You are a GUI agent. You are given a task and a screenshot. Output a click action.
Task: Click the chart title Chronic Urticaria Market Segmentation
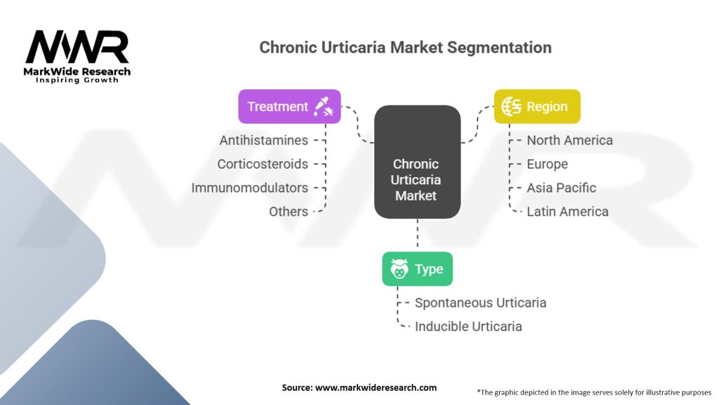pyautogui.click(x=405, y=48)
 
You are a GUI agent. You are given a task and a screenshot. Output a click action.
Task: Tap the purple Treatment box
pyautogui.click(x=289, y=107)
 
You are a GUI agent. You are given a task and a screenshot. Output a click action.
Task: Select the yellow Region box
pyautogui.click(x=537, y=107)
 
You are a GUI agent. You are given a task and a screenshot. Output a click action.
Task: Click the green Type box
pyautogui.click(x=417, y=269)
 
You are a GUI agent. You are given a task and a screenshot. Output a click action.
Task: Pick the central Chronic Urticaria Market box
pyautogui.click(x=416, y=180)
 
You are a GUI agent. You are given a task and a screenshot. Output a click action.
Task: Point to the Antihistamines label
pyautogui.click(x=263, y=141)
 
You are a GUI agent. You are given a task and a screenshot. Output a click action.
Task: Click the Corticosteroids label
pyautogui.click(x=263, y=165)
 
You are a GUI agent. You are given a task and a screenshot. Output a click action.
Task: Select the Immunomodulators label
pyautogui.click(x=250, y=188)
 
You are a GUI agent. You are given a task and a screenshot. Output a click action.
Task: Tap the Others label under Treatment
pyautogui.click(x=288, y=212)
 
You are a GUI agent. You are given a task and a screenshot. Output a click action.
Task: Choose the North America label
pyautogui.click(x=569, y=141)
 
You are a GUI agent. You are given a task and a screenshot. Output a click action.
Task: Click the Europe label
pyautogui.click(x=547, y=165)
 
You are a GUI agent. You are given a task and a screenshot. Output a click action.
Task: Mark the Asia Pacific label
pyautogui.click(x=561, y=188)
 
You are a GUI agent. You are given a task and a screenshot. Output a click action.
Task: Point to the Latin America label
pyautogui.click(x=567, y=212)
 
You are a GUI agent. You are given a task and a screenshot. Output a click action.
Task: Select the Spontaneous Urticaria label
pyautogui.click(x=480, y=303)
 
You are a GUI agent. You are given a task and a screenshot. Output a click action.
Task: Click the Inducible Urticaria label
pyautogui.click(x=468, y=327)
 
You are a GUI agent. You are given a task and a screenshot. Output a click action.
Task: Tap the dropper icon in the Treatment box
pyautogui.click(x=324, y=107)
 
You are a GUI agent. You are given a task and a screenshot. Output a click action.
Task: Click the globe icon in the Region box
pyautogui.click(x=511, y=107)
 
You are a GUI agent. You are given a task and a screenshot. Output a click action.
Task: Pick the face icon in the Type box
pyautogui.click(x=400, y=269)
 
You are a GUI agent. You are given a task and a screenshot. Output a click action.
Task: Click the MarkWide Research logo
pyautogui.click(x=77, y=54)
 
